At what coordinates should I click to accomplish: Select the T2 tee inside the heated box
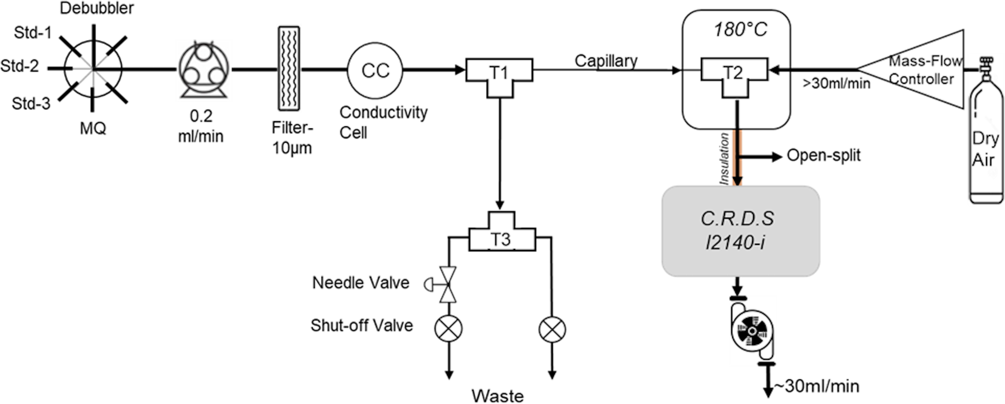[734, 73]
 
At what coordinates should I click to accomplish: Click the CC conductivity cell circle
[375, 71]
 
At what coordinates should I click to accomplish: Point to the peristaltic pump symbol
[204, 70]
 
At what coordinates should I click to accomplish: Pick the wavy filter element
[289, 68]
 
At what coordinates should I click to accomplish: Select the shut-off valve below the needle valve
[448, 329]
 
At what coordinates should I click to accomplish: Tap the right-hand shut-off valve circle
[552, 329]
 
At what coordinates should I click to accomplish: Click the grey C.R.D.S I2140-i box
[740, 231]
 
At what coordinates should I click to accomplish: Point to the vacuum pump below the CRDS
[752, 331]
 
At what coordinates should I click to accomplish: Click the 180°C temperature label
[740, 30]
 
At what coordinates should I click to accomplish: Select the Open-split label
[823, 156]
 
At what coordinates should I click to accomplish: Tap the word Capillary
[606, 61]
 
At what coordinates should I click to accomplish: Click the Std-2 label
[19, 66]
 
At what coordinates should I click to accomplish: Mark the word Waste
[497, 396]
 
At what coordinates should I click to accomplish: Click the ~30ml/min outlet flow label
[816, 386]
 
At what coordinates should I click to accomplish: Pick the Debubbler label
[97, 8]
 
